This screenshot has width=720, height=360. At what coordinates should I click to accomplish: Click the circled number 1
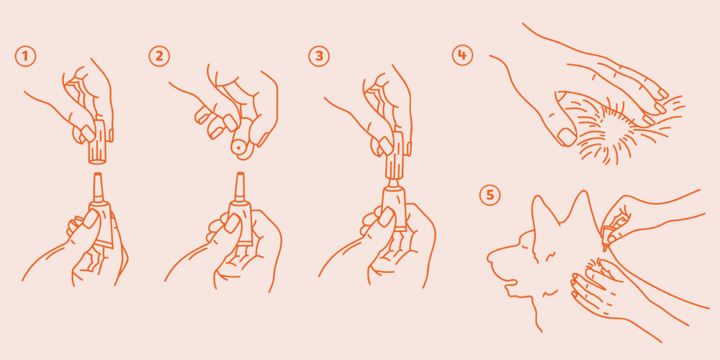coord(25,56)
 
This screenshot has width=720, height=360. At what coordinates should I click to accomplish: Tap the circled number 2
coord(159,56)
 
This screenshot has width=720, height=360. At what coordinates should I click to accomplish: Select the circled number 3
coord(319,56)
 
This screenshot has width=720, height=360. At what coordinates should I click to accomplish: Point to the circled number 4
coord(462,55)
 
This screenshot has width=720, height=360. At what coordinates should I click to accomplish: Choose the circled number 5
coord(490,194)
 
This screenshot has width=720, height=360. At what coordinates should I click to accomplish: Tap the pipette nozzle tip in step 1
coord(97,174)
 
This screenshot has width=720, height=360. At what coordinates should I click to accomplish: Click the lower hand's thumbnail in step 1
coord(90,219)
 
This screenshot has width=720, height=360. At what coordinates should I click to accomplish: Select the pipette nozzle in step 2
coord(239,188)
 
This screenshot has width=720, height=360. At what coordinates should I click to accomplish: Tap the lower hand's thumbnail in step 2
coord(231,224)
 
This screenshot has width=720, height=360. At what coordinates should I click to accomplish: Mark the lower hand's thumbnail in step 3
coord(386,217)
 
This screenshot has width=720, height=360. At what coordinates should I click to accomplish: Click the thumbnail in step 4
coord(567,137)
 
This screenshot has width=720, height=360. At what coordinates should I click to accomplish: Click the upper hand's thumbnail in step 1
coord(87,133)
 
